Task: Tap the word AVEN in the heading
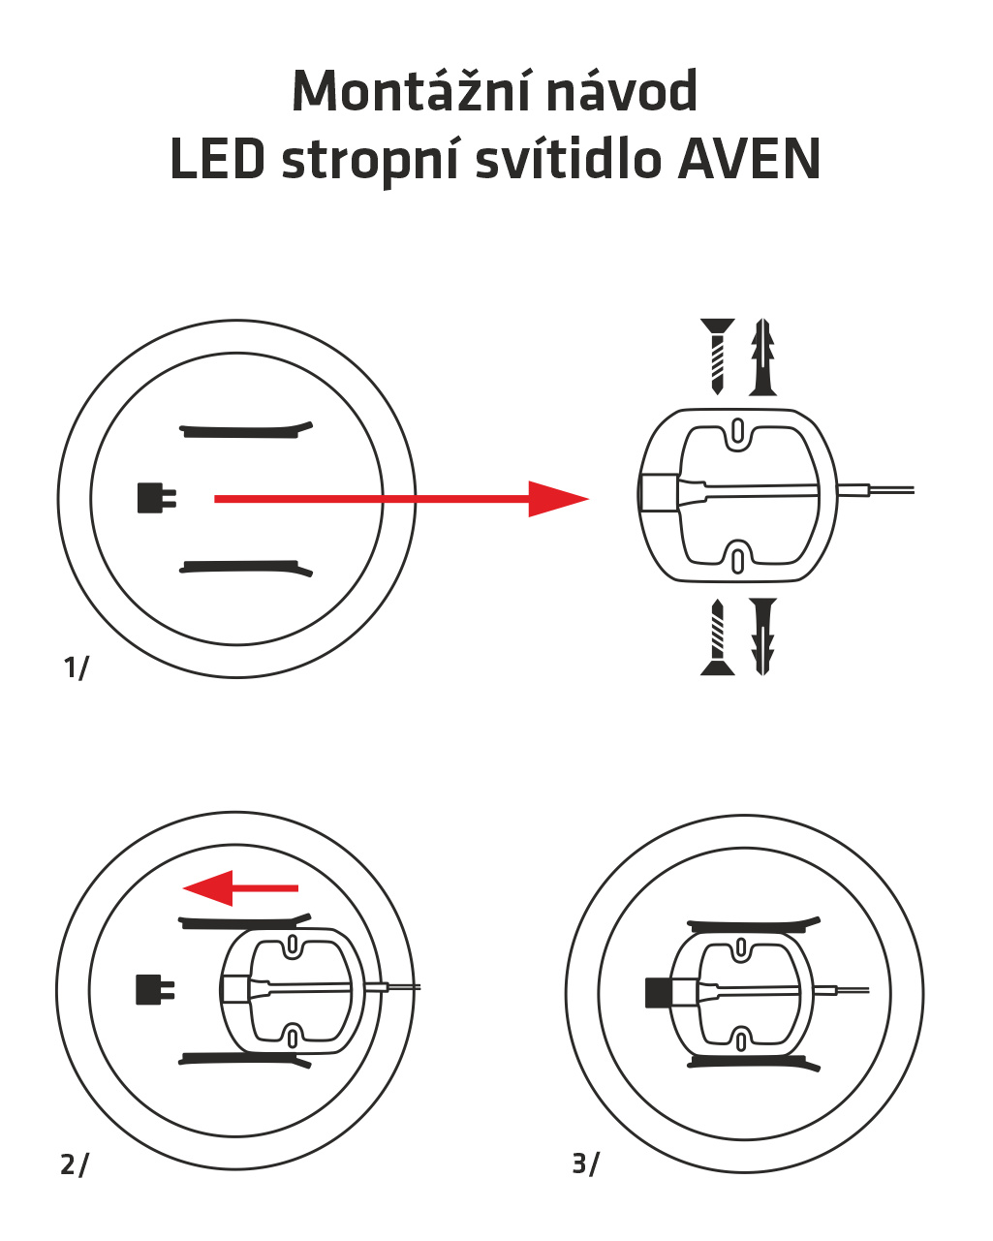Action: [x=749, y=160]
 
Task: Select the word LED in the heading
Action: [x=217, y=160]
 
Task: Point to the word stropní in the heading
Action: [x=369, y=162]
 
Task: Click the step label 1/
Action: [x=75, y=667]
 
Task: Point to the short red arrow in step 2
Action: [x=241, y=887]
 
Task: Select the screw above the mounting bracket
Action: [x=717, y=355]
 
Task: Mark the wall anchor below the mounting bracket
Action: [x=763, y=636]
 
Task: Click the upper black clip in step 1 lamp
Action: [x=246, y=430]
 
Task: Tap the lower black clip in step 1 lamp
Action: [x=246, y=568]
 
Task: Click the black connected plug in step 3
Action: [x=659, y=992]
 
